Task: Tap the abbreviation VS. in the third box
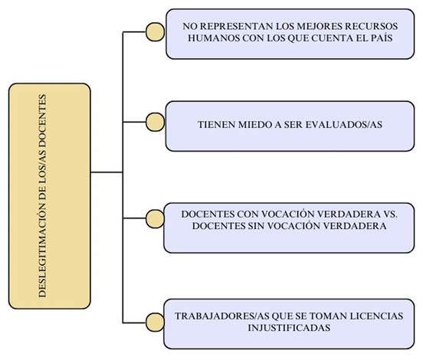390,214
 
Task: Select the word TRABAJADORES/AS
221,316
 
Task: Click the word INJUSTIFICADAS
289,328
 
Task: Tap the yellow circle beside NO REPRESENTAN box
155,32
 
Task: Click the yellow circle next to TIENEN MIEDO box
155,122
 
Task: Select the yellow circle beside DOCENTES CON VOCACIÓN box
155,219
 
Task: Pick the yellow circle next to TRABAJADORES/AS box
155,322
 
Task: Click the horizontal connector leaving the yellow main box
107,172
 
